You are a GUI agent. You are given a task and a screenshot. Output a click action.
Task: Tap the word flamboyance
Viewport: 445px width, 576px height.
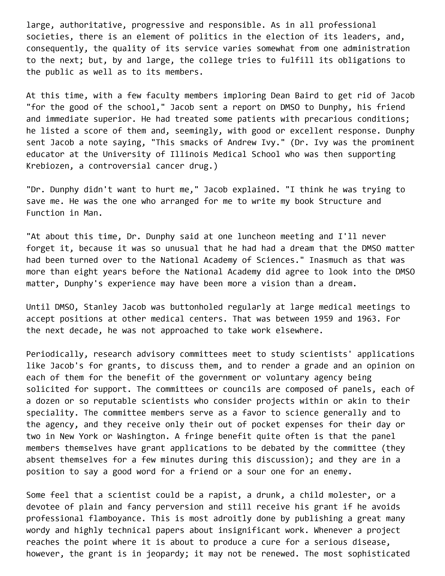point(117,519)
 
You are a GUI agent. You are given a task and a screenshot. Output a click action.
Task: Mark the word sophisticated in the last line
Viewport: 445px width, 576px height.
point(379,554)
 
